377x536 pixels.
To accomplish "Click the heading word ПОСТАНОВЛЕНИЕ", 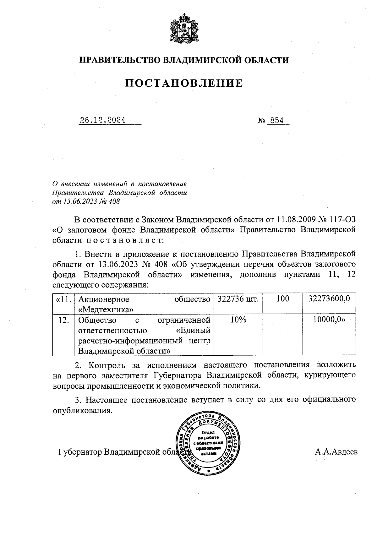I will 184,83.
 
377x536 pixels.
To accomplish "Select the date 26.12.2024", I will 102,120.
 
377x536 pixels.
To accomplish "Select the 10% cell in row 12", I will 238,320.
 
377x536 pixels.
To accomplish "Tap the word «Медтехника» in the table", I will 106,309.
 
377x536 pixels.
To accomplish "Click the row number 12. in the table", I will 64,320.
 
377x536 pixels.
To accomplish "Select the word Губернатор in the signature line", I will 80,452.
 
